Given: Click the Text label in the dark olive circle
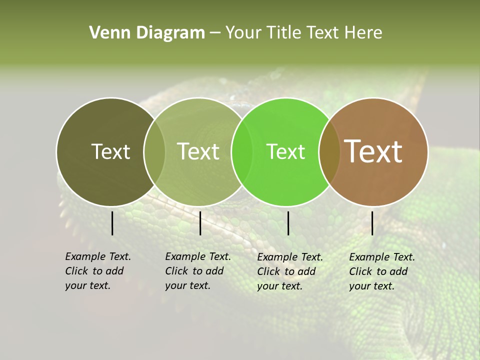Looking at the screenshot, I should (110, 151).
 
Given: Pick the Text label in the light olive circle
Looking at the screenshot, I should (198, 151).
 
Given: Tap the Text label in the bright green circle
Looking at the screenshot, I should (285, 151).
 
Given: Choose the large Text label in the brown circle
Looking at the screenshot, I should (373, 151).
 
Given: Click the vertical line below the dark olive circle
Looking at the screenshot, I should (112, 223).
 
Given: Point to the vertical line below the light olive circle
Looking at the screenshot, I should (200, 223).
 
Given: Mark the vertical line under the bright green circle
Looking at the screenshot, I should (288, 223).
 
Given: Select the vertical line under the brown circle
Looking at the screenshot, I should (372, 223).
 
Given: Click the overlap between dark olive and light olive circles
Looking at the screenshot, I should (154, 151).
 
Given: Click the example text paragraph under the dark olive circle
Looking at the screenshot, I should (97, 271).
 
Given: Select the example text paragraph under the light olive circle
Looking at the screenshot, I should (197, 271).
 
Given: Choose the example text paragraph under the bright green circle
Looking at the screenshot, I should (289, 271).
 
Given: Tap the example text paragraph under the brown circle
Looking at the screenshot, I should (381, 271).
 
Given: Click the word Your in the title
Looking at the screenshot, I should (243, 33).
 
